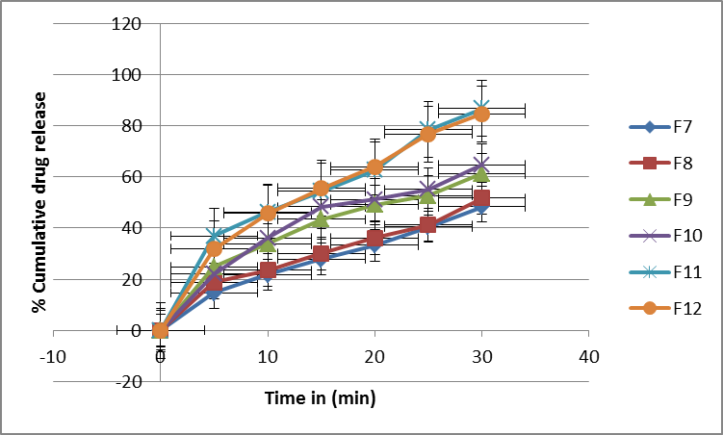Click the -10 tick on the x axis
[x=54, y=357]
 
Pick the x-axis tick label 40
[x=589, y=357]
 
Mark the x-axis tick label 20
[x=374, y=357]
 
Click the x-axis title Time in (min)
[x=321, y=397]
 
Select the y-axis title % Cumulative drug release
[x=39, y=202]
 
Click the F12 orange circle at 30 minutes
[x=482, y=115]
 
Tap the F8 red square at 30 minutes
[x=482, y=198]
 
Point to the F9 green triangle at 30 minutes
[x=482, y=175]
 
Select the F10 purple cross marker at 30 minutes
[x=482, y=165]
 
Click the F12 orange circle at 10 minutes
[x=268, y=214]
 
